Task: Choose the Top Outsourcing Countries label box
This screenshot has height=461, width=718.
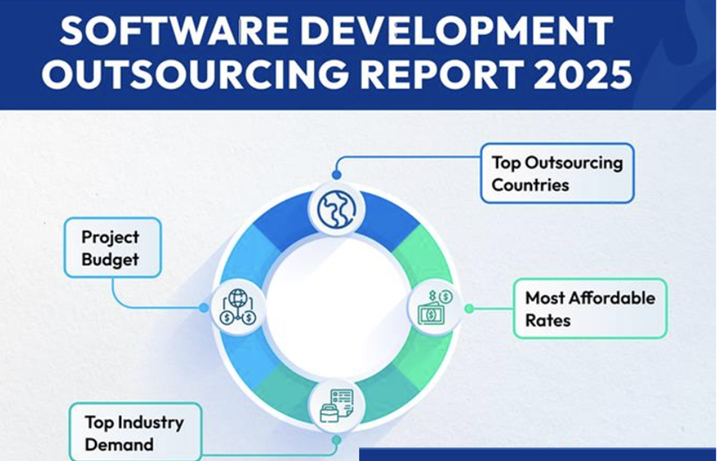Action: (x=557, y=173)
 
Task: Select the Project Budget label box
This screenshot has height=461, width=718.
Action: (x=112, y=247)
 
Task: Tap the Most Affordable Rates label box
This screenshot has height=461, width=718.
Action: (x=589, y=308)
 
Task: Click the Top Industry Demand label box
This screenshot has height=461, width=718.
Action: (x=134, y=433)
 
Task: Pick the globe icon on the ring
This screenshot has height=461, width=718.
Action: (x=336, y=208)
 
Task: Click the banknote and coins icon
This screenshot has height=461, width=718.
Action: (x=437, y=308)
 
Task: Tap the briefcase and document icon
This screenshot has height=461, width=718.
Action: (x=336, y=406)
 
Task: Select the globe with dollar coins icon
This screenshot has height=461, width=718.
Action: (x=238, y=308)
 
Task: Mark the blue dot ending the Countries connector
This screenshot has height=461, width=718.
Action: (x=336, y=175)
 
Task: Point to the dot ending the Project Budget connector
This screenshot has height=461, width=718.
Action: (x=203, y=308)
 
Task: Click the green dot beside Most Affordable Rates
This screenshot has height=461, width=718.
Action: (x=469, y=308)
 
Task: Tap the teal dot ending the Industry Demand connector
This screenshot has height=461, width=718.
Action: (x=336, y=440)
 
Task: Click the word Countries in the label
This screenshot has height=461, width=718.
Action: (x=530, y=185)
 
